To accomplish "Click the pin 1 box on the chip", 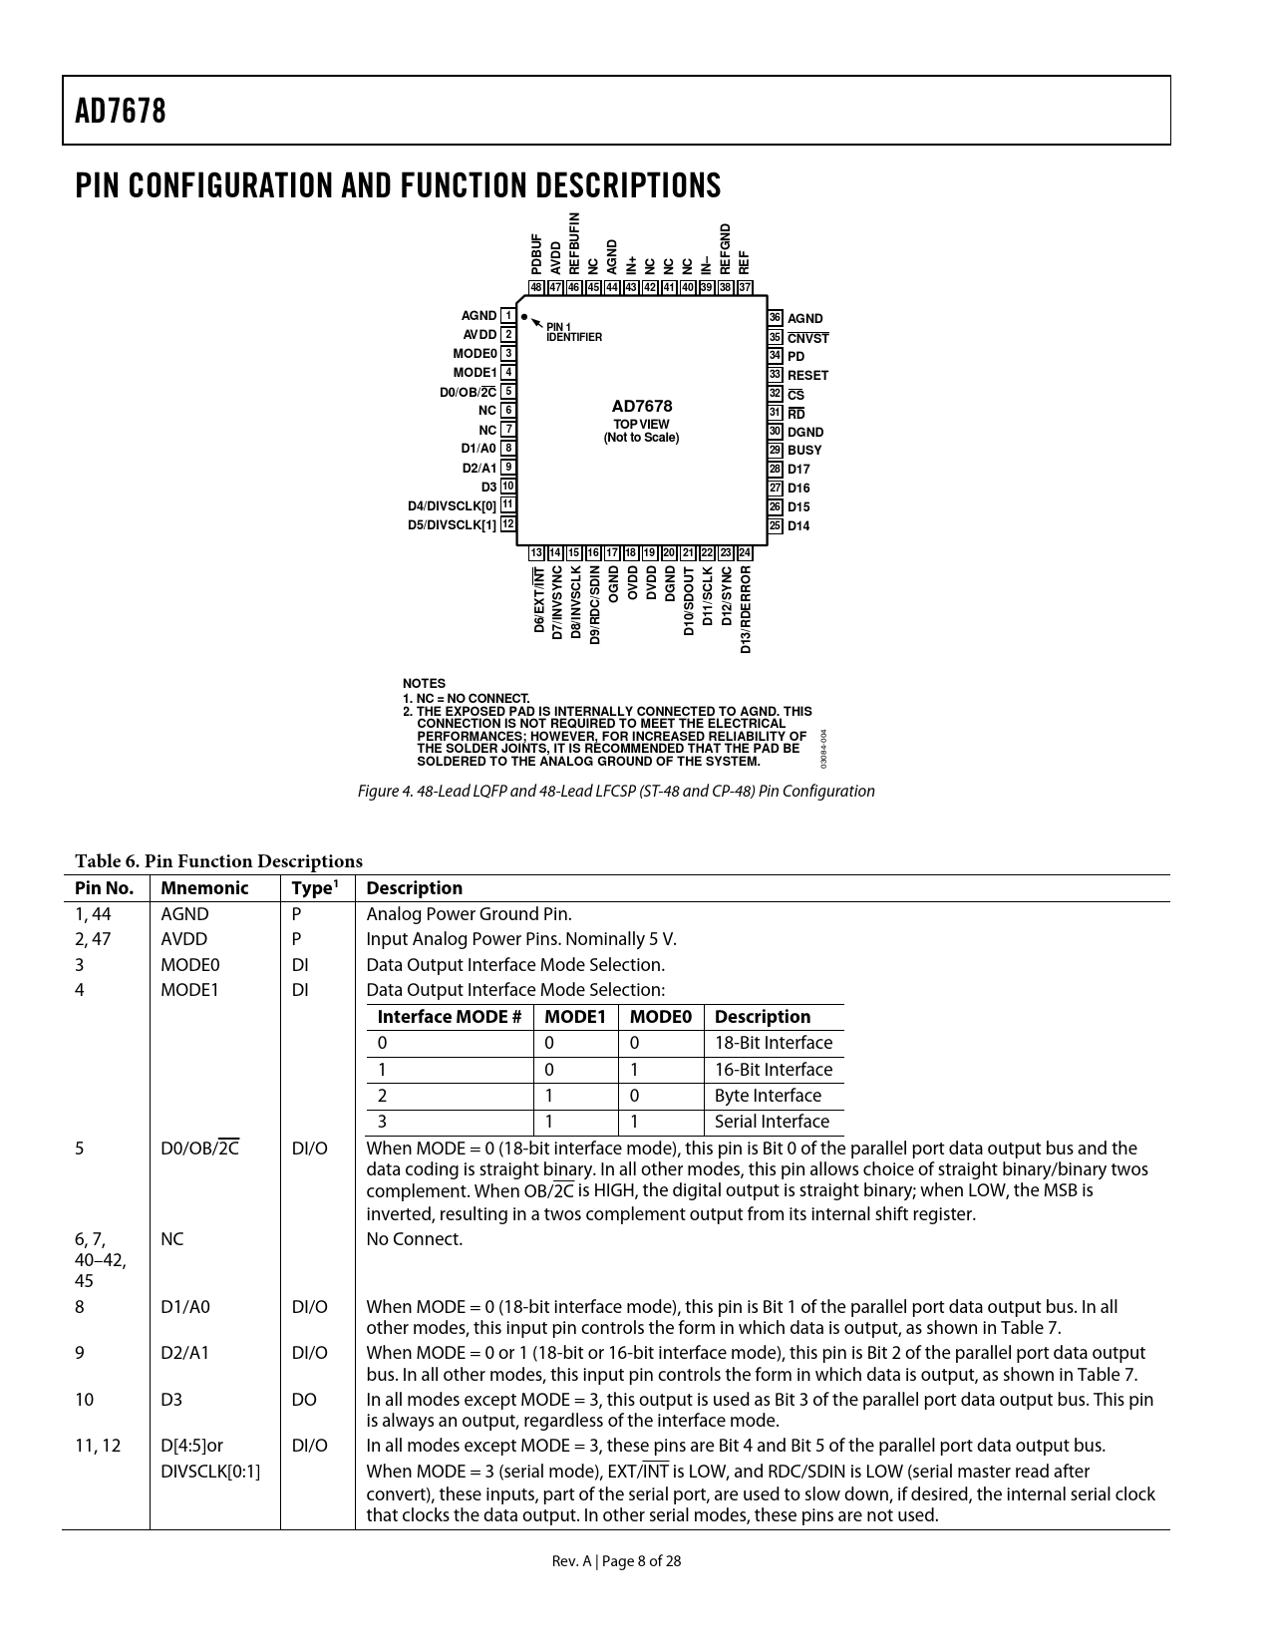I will (x=508, y=316).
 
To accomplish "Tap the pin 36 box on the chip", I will (x=775, y=318).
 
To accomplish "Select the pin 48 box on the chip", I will (x=536, y=287).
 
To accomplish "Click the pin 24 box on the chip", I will (x=745, y=553).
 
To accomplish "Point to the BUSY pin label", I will (x=804, y=451).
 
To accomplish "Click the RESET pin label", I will (x=807, y=376).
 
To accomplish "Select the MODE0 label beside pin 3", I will (x=475, y=354).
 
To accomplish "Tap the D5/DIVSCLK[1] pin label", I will (x=452, y=524).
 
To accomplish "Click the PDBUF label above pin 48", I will (x=536, y=254).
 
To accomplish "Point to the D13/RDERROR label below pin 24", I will (x=745, y=610).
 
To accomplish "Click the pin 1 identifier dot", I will (x=524, y=317).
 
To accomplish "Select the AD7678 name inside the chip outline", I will (x=641, y=406).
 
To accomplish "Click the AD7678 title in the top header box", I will (x=121, y=111).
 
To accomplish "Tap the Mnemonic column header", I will (x=204, y=888).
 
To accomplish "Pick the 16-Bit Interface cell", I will (x=773, y=1070).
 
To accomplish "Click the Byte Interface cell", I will (x=768, y=1096).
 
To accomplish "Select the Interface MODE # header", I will (x=450, y=1017).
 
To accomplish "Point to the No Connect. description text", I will (x=415, y=1239).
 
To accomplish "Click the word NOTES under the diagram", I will (x=424, y=684).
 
